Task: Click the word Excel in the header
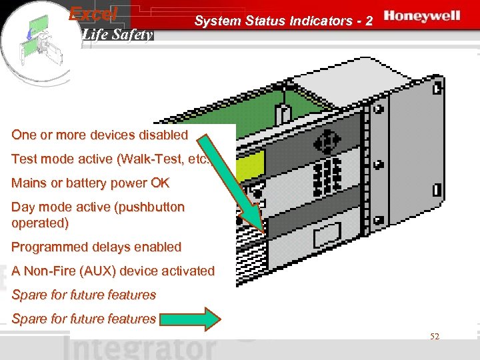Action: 93,13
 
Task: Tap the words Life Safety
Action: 117,34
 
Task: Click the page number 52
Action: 435,337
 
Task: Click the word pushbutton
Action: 151,207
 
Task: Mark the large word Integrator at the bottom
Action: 141,348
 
